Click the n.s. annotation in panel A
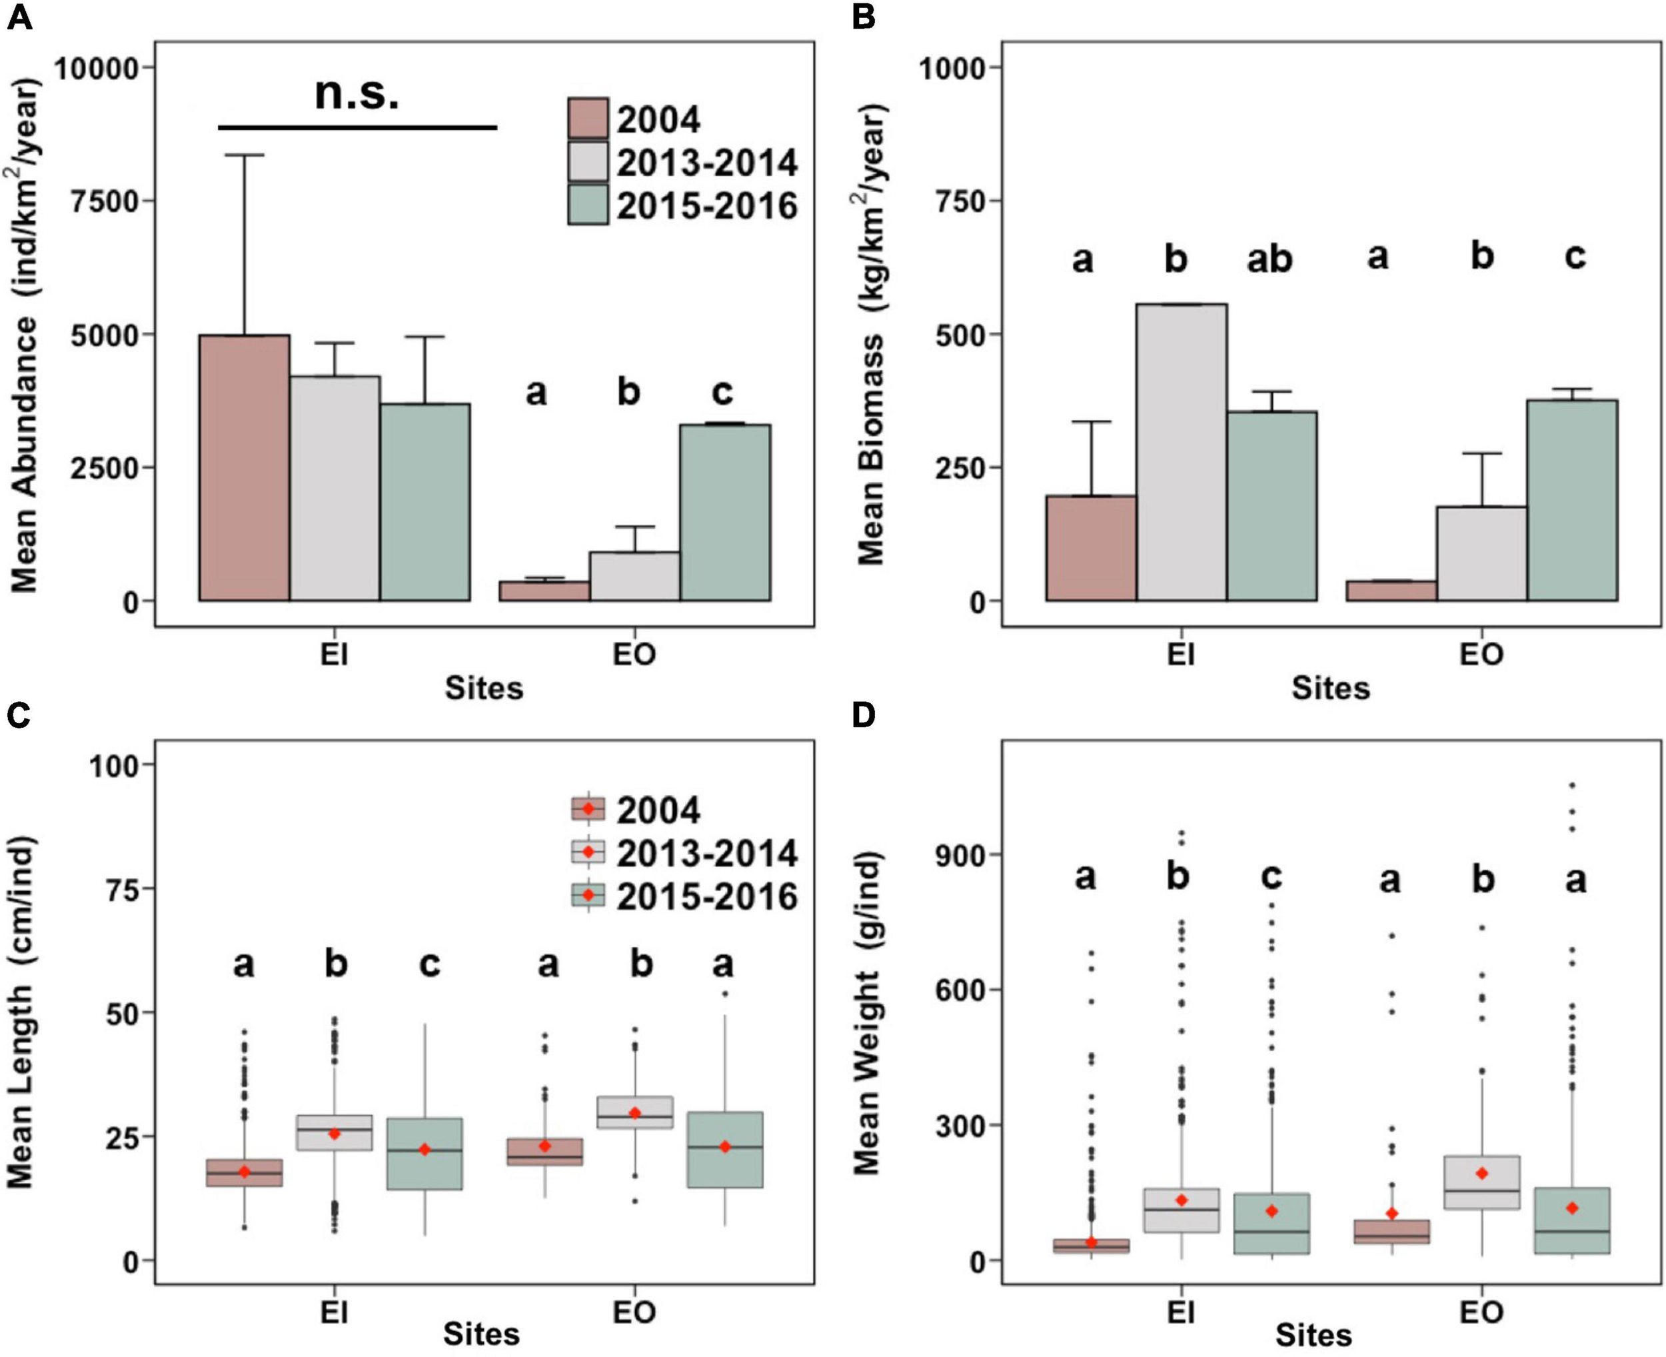point(357,94)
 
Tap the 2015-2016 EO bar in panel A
point(724,512)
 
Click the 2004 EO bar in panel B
point(1390,591)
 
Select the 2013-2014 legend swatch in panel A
point(588,162)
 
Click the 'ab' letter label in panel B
point(1269,259)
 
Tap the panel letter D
point(863,715)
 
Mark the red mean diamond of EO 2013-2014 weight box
point(1481,1173)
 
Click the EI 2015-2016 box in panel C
point(424,1154)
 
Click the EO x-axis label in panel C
point(633,1312)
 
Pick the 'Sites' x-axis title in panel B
point(1330,688)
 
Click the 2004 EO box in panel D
point(1391,1231)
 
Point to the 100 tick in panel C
point(113,766)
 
